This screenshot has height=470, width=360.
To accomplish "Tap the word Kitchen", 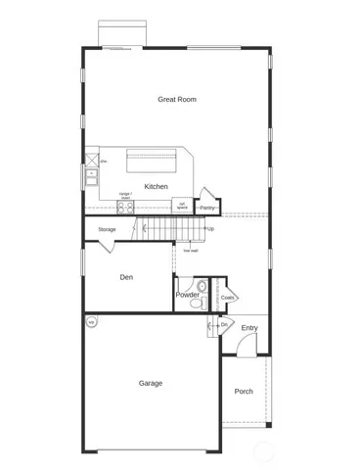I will pyautogui.click(x=157, y=186).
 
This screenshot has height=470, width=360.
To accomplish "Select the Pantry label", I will pyautogui.click(x=207, y=208).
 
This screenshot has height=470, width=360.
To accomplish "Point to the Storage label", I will pyautogui.click(x=107, y=230).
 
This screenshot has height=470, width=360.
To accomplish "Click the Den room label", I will pyautogui.click(x=126, y=277).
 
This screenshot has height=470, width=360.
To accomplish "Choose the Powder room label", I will pyautogui.click(x=188, y=295).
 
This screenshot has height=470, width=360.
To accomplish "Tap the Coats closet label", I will pyautogui.click(x=226, y=297).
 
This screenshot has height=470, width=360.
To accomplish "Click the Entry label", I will pyautogui.click(x=249, y=328).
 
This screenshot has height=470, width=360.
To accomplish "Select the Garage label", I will pyautogui.click(x=150, y=383).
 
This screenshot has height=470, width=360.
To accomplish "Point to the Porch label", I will pyautogui.click(x=244, y=391).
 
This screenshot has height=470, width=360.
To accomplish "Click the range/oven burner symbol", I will pyautogui.click(x=125, y=207).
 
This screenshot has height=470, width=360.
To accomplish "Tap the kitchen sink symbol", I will pyautogui.click(x=91, y=176).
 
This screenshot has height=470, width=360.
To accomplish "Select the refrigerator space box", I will pyautogui.click(x=181, y=206).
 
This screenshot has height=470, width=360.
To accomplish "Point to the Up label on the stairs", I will pyautogui.click(x=209, y=229).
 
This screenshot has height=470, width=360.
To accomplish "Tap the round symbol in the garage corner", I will pyautogui.click(x=91, y=321).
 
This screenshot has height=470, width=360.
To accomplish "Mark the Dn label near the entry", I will pyautogui.click(x=223, y=324).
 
